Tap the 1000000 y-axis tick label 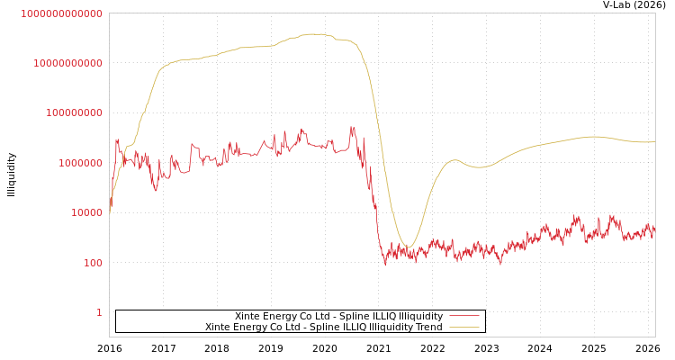pos(79,163)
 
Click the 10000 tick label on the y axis pos(85,213)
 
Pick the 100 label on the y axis pos(94,263)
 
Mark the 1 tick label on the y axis pos(99,312)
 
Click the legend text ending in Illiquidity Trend pos(324,328)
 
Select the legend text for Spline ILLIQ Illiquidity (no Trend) pos(338,317)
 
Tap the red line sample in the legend pos(463,317)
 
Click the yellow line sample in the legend pos(463,328)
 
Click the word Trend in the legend pos(427,328)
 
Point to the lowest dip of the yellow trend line pos(407,247)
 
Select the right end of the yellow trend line pos(654,141)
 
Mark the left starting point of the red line pos(110,209)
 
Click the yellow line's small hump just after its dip pos(454,160)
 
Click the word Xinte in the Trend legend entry pos(220,328)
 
